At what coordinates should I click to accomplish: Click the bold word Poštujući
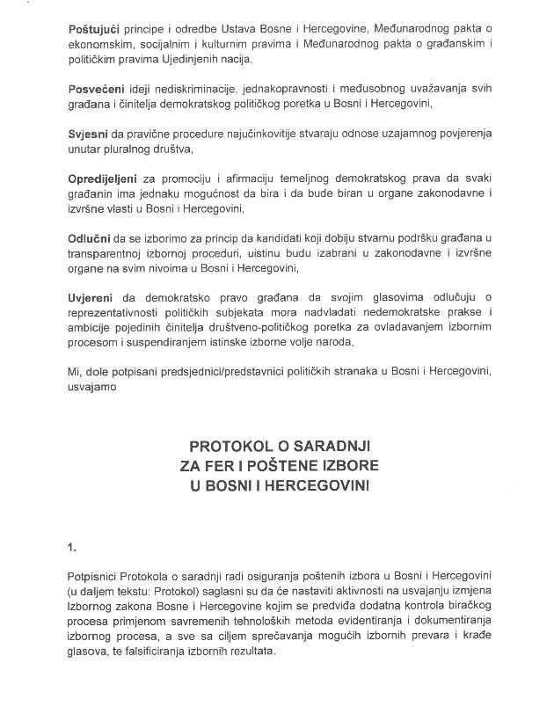coord(95,31)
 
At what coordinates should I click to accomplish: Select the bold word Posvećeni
coord(97,92)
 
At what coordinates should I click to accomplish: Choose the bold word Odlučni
coord(90,240)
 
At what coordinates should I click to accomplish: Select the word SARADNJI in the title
coord(338,447)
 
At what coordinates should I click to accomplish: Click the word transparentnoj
coord(109,255)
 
